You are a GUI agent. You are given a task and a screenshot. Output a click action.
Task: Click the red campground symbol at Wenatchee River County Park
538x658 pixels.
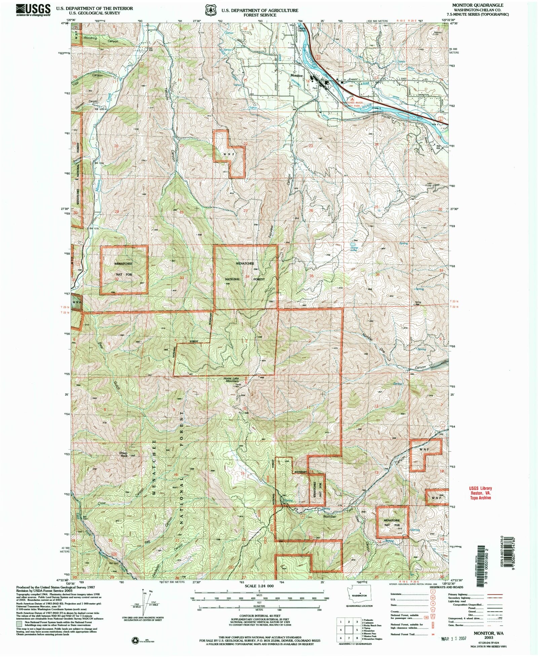352,100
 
